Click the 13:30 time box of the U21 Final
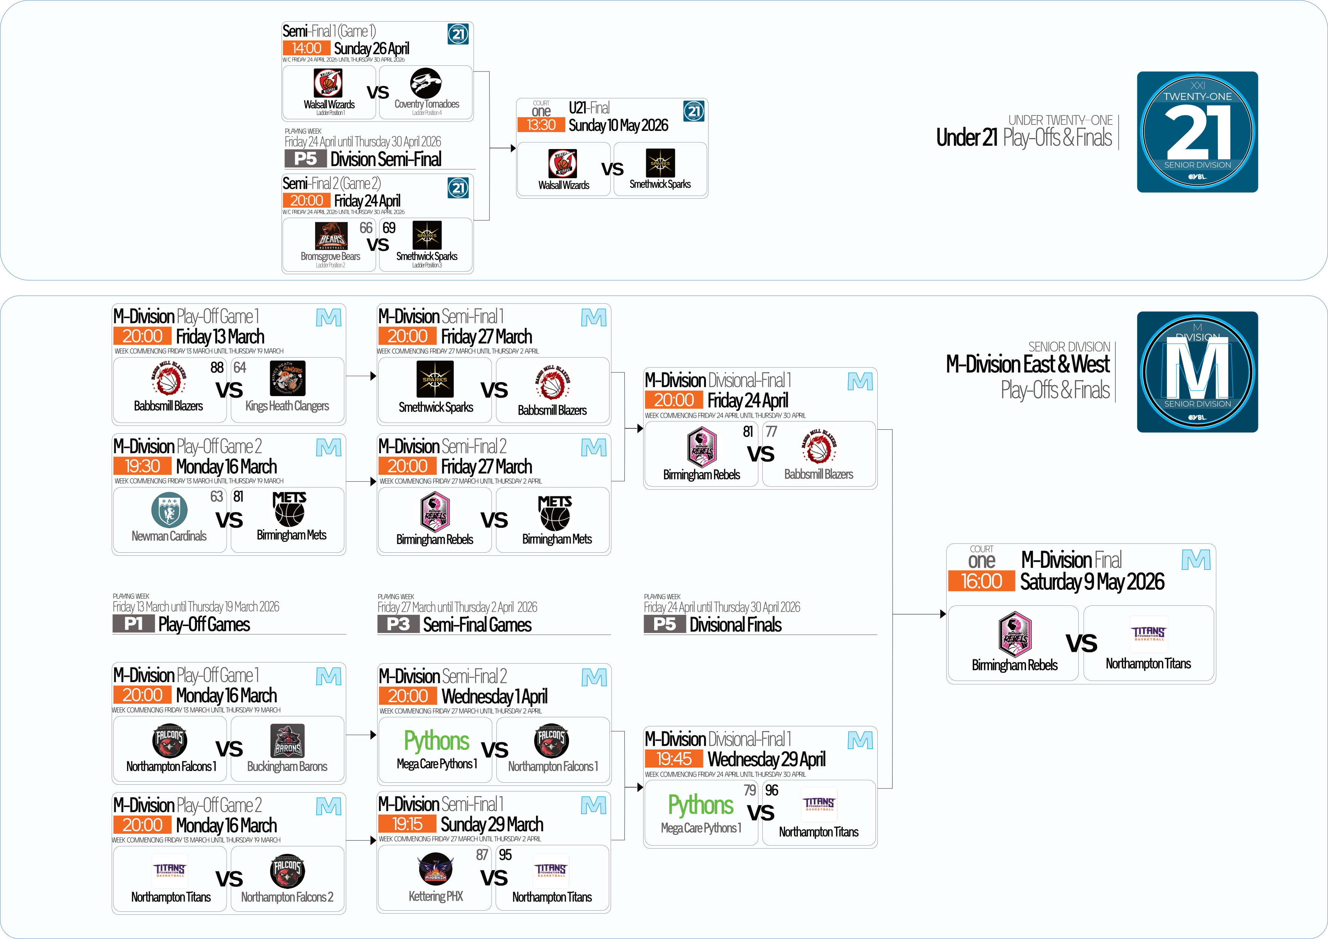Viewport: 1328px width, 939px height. [x=541, y=125]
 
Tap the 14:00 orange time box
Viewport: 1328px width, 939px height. [x=306, y=48]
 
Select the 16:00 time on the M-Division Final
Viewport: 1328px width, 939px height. [x=981, y=581]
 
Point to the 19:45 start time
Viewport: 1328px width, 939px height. [x=674, y=759]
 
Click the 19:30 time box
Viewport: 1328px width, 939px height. [x=142, y=466]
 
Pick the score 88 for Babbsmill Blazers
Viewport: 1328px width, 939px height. [x=217, y=367]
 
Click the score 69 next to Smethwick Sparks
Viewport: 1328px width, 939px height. [x=389, y=228]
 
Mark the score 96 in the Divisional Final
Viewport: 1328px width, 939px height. [x=771, y=790]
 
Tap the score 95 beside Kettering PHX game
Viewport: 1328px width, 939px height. [x=505, y=855]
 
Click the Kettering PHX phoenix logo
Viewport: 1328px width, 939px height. [x=435, y=869]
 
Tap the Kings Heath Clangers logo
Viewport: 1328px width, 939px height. [x=288, y=379]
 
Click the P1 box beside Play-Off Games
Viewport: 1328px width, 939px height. [x=133, y=623]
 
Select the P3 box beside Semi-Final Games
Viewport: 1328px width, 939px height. [x=398, y=624]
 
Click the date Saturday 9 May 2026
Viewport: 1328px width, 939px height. [x=1092, y=581]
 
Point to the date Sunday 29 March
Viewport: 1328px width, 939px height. [x=491, y=824]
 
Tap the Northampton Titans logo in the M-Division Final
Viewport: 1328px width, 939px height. [x=1148, y=634]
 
